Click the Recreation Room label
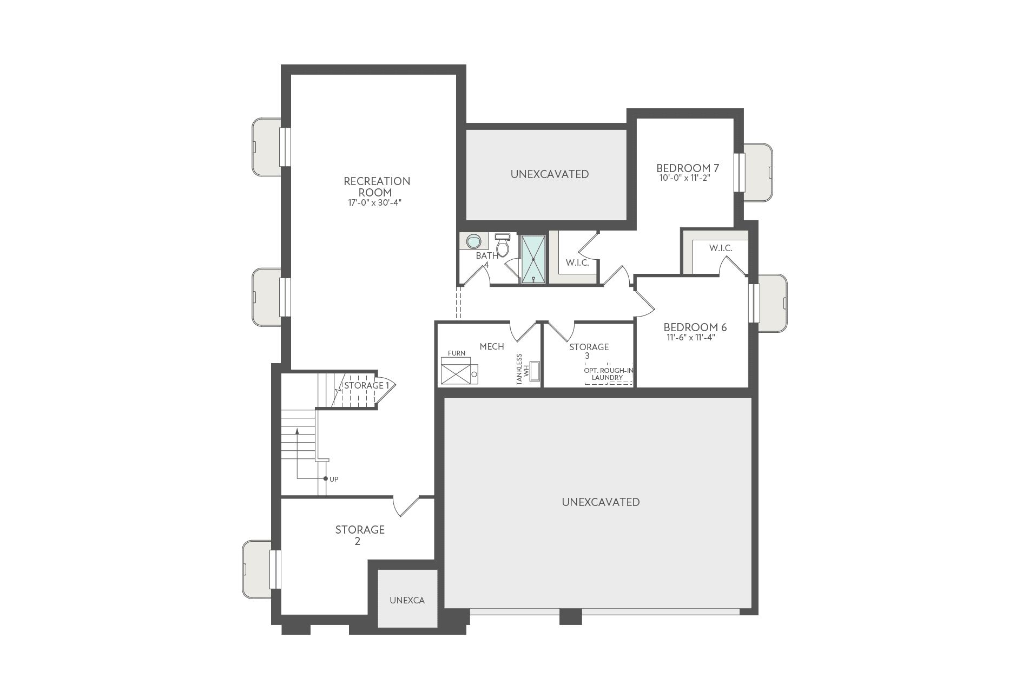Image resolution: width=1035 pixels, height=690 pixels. point(377,187)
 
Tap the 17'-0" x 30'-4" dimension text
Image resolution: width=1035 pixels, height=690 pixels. point(374,203)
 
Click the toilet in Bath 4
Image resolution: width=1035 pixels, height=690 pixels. point(503,247)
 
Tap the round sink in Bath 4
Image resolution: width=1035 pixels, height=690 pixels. point(473,241)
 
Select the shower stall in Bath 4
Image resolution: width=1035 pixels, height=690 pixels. point(533,259)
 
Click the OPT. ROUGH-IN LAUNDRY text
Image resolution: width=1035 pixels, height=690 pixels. point(608,374)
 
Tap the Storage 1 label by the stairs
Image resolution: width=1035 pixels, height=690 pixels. point(366,385)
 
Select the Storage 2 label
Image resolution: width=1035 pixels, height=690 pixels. point(359,535)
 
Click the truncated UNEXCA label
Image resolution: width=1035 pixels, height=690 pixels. point(407,600)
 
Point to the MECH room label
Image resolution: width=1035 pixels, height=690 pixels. point(491,346)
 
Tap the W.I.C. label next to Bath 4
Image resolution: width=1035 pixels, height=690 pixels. point(577,262)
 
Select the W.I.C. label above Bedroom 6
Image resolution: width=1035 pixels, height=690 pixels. point(720,248)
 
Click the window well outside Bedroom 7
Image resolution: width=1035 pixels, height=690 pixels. point(759,172)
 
